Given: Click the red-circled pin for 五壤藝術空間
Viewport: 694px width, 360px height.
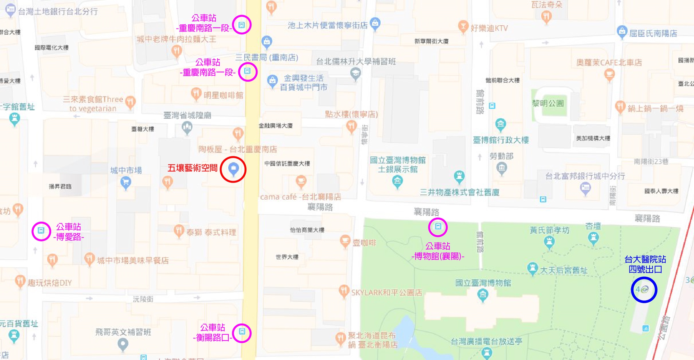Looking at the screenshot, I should click(233, 169).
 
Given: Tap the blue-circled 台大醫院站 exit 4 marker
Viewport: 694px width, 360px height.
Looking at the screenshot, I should click(644, 290).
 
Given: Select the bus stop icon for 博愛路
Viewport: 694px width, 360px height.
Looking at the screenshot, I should click(41, 231).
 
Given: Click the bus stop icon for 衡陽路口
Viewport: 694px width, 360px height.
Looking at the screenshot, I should click(242, 332).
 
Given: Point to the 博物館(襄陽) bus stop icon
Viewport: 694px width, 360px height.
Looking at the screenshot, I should click(438, 227).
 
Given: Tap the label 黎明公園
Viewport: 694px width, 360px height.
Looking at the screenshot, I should click(548, 103).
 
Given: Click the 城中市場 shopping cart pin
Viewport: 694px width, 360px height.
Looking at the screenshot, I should click(126, 182).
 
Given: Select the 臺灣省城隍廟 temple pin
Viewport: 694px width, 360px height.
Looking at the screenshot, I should click(187, 127).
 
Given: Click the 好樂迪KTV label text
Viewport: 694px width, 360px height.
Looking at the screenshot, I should click(489, 28).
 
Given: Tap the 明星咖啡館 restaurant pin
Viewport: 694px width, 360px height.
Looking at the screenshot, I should click(196, 93).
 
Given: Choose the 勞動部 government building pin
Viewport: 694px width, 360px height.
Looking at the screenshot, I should click(501, 168).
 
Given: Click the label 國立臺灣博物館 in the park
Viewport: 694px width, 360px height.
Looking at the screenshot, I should click(483, 283).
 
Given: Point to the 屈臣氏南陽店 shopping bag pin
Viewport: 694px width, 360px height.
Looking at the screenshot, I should click(622, 32).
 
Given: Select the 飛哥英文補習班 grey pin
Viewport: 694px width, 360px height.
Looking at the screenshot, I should click(123, 344).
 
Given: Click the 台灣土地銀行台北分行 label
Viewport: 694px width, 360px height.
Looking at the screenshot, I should click(58, 11).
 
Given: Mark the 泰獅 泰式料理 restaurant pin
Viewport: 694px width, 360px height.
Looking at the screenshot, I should click(179, 230).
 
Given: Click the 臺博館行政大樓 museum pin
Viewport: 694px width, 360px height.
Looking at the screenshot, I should click(500, 124).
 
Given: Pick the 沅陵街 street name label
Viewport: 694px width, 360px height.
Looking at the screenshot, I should click(143, 299).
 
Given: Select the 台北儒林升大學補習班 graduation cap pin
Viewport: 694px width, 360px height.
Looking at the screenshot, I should click(355, 73).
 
